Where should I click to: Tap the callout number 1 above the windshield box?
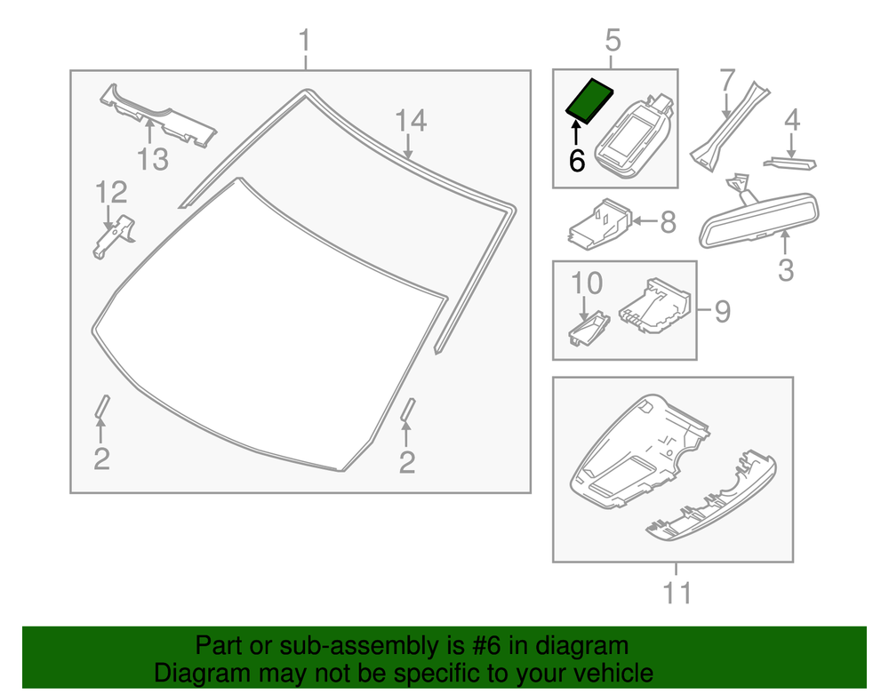tap(305, 41)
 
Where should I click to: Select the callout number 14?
tap(411, 120)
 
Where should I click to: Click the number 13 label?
tap(152, 160)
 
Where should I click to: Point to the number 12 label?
tap(112, 192)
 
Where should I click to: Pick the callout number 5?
tap(613, 40)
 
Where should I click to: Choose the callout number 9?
tap(722, 311)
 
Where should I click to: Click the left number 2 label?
tap(101, 459)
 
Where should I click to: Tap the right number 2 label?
tap(407, 462)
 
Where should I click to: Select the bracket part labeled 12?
tap(113, 235)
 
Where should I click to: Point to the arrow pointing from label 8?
tap(644, 221)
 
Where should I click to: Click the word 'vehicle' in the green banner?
tap(605, 673)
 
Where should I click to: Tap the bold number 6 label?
tap(576, 162)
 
